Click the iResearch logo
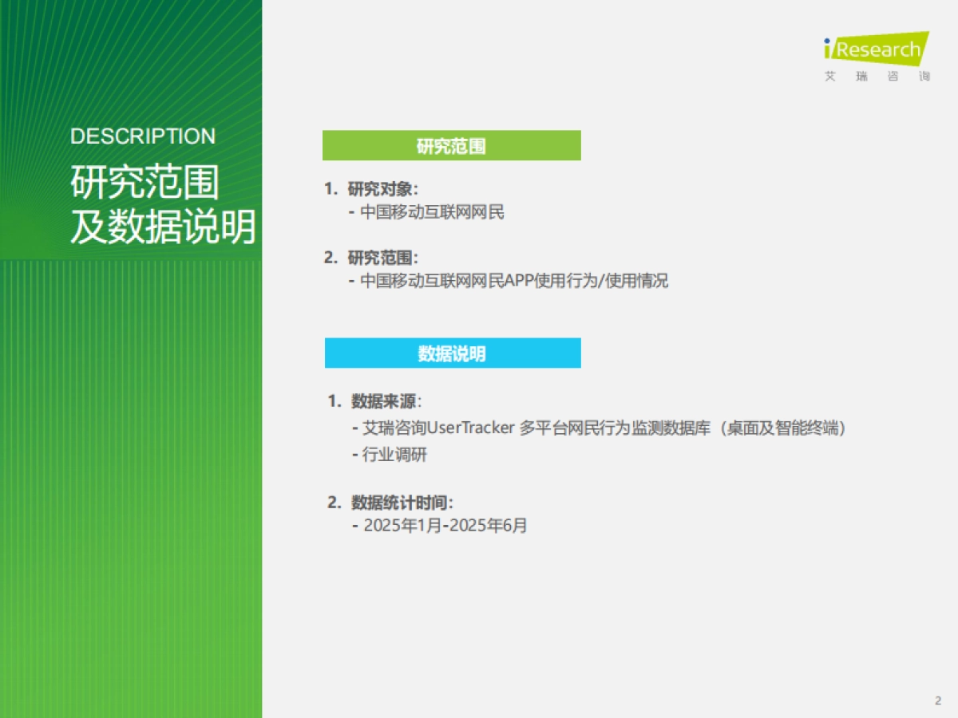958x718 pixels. click(876, 49)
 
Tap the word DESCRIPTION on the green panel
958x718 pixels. click(143, 136)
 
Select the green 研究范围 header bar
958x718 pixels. click(451, 146)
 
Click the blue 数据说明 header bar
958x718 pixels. click(452, 353)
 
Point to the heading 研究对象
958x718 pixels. click(382, 189)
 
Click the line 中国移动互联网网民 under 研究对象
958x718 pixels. click(432, 212)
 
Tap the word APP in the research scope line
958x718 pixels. click(521, 281)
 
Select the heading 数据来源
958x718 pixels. click(386, 400)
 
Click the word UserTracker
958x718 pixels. click(470, 428)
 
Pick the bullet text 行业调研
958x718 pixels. click(394, 455)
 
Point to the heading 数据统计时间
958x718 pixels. click(402, 503)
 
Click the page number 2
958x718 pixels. click(937, 700)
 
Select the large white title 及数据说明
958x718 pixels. click(163, 227)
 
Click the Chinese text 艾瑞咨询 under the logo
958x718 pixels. click(877, 77)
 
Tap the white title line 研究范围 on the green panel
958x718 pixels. click(144, 183)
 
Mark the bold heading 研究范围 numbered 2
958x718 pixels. click(382, 258)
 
